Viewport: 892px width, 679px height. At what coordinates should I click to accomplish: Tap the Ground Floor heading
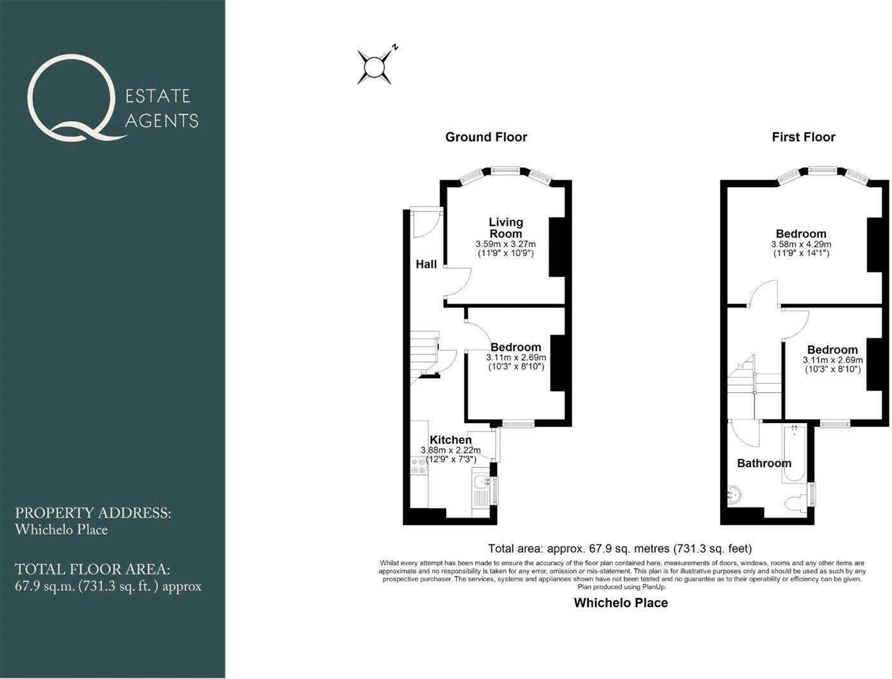[486, 137]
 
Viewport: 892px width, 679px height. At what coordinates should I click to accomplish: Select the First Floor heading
[803, 137]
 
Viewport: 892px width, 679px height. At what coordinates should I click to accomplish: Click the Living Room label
[506, 227]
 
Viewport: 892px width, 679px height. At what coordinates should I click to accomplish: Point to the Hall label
[426, 264]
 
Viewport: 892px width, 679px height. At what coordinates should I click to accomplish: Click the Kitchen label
[450, 440]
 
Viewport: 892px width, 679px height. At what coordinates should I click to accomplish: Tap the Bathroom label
[764, 463]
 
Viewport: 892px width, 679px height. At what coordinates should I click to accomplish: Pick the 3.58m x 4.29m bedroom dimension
[801, 245]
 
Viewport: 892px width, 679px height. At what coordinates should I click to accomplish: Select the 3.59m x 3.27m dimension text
[505, 244]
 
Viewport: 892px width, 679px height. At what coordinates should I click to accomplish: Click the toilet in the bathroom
[797, 504]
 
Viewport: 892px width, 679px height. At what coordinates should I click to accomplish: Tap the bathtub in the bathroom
[796, 454]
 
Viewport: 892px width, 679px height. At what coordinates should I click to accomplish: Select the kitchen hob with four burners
[419, 466]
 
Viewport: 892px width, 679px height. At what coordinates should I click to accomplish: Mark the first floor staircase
[742, 382]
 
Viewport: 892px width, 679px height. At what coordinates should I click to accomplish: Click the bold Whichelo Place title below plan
[621, 603]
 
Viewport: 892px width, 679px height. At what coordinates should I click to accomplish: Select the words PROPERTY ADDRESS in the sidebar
[93, 513]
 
